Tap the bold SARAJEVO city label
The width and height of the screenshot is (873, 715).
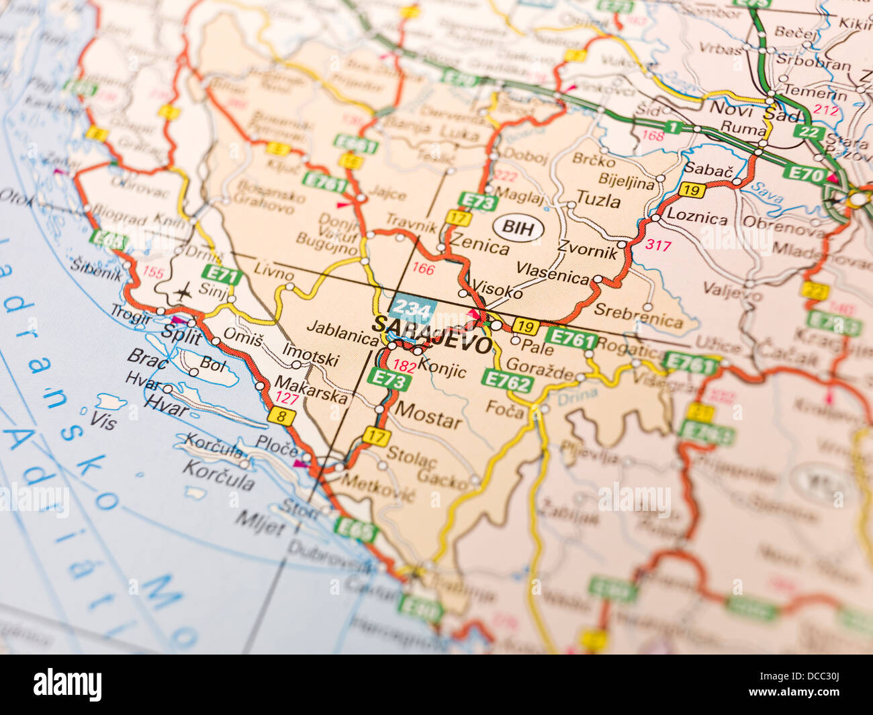click(432, 334)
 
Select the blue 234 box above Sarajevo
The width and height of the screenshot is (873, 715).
click(412, 307)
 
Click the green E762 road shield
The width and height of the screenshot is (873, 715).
click(506, 381)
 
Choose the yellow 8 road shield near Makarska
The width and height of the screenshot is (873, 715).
click(281, 416)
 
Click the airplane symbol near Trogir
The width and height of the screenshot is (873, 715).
click(182, 291)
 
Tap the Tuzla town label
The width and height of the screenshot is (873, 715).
click(598, 199)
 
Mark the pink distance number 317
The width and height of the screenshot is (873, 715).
click(657, 245)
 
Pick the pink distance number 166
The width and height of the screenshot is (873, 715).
click(423, 269)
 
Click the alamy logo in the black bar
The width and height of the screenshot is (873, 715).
click(67, 684)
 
